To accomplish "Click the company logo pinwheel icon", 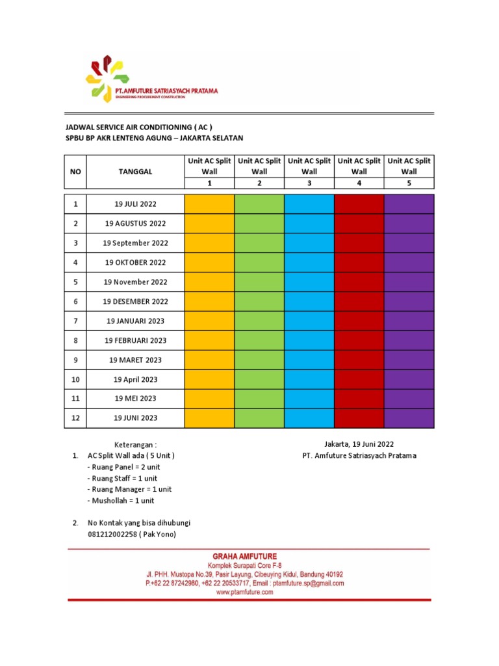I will pyautogui.click(x=103, y=79).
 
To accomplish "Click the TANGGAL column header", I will pyautogui.click(x=136, y=172).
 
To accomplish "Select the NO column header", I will pyautogui.click(x=75, y=172).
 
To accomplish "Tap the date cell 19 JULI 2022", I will pyautogui.click(x=136, y=204).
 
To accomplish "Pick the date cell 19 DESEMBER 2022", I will pyautogui.click(x=136, y=302).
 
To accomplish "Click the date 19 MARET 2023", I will pyautogui.click(x=136, y=360).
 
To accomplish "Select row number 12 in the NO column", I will pyautogui.click(x=75, y=418).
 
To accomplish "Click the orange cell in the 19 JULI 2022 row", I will pyautogui.click(x=209, y=204).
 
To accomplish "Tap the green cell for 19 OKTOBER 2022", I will pyautogui.click(x=259, y=263).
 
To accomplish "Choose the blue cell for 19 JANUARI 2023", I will pyautogui.click(x=309, y=321).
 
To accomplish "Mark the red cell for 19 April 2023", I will pyautogui.click(x=359, y=379).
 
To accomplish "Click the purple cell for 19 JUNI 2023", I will pyautogui.click(x=409, y=418).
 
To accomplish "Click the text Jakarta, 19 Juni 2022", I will pyautogui.click(x=359, y=444).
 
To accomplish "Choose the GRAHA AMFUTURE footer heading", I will pyautogui.click(x=244, y=556).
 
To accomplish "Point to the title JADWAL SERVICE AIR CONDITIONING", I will pyautogui.click(x=139, y=127).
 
